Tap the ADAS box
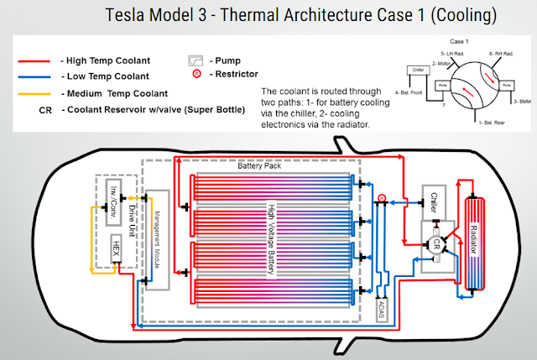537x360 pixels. click(383, 308)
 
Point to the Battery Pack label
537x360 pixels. click(257, 166)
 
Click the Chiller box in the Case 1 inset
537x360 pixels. click(418, 70)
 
